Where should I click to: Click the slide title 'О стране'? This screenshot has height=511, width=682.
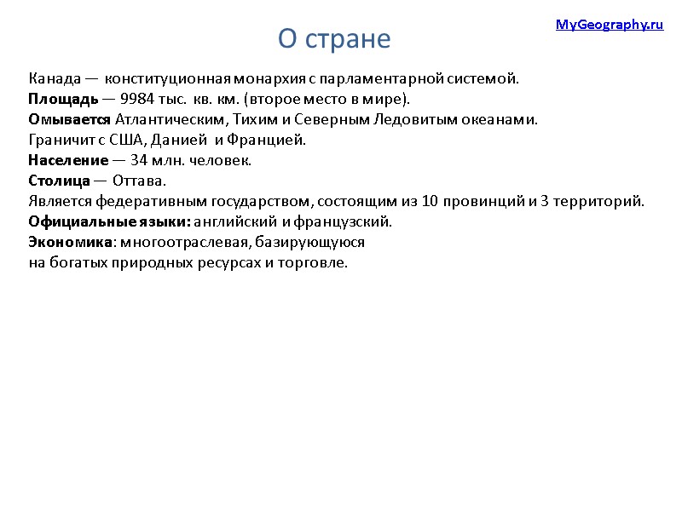click(x=333, y=39)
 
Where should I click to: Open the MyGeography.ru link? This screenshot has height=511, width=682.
click(x=609, y=26)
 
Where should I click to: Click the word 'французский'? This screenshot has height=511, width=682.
click(x=350, y=222)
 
